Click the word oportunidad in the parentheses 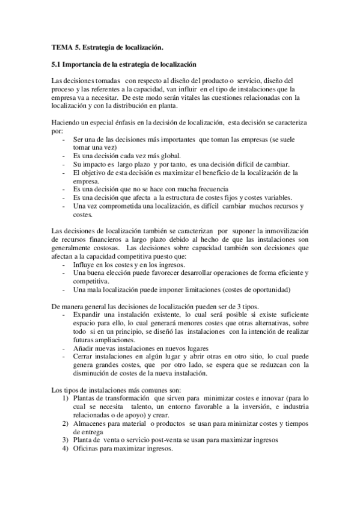(268, 290)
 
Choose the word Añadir (82, 349)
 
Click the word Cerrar (82, 357)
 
